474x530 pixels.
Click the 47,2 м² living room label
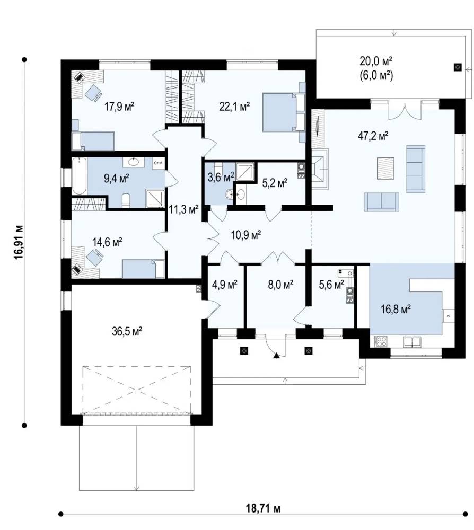[x=373, y=136]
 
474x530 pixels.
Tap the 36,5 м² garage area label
[x=127, y=331]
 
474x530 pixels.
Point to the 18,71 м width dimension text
[x=262, y=508]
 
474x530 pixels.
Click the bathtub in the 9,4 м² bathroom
[x=80, y=176]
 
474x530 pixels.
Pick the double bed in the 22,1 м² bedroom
[x=280, y=112]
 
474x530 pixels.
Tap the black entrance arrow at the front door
[x=277, y=355]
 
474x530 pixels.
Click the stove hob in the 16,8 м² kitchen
[x=381, y=341]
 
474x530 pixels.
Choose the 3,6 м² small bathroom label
[x=221, y=177]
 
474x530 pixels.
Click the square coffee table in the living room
[x=386, y=169]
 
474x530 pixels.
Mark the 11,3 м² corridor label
[x=183, y=210]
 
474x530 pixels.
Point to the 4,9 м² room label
[x=224, y=285]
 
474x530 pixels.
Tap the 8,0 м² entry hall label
[x=280, y=285]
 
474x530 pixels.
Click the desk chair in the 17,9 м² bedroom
[x=93, y=92]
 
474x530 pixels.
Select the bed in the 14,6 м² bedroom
[x=143, y=269]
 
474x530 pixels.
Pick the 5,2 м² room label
[x=275, y=183]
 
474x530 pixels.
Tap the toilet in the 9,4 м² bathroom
[x=126, y=201]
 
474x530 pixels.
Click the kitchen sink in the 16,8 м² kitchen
[x=412, y=342]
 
